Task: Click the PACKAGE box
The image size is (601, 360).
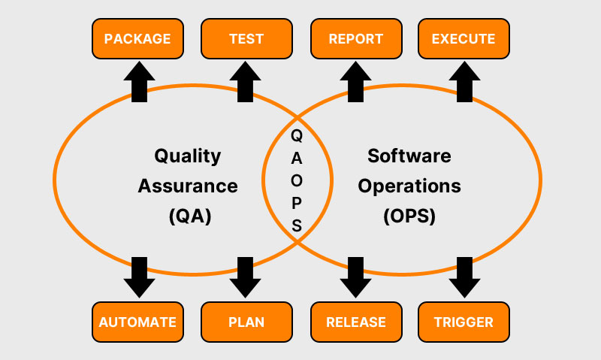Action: [137, 38]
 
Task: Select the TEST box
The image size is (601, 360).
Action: [246, 38]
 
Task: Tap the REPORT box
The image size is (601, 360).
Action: [356, 38]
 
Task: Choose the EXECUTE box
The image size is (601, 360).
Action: [464, 38]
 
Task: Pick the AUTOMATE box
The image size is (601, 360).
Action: [137, 322]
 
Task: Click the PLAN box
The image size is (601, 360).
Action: [246, 322]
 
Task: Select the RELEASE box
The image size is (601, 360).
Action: [356, 322]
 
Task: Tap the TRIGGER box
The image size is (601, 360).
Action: [464, 322]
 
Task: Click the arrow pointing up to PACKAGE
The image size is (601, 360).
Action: [138, 80]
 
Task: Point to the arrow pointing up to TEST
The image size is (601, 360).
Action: [246, 80]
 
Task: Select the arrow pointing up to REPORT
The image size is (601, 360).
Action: [355, 80]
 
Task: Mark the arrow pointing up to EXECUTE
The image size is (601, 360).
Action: [464, 80]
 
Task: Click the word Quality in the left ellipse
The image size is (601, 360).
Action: [188, 156]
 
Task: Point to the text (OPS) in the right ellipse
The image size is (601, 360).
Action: [409, 216]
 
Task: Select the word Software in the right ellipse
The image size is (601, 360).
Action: [409, 156]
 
